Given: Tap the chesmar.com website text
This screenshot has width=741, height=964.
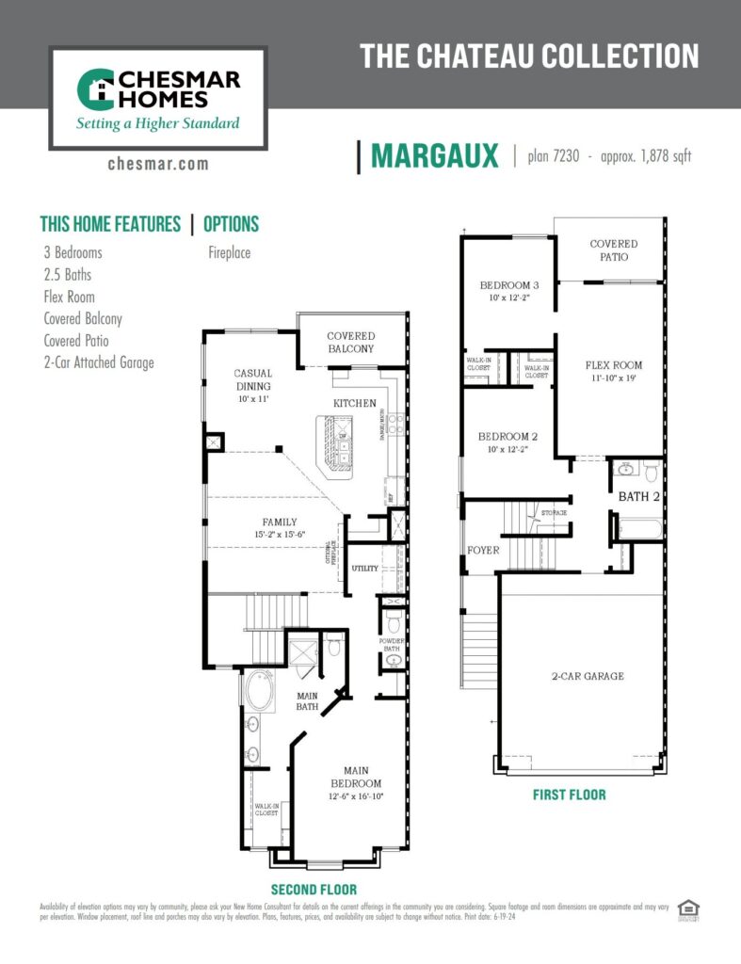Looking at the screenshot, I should pos(158,164).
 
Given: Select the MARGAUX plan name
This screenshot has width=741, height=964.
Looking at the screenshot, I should pos(434,156).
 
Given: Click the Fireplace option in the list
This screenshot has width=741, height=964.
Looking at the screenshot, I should pos(229,252).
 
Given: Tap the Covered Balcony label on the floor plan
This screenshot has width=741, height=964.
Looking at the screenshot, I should pos(350,342).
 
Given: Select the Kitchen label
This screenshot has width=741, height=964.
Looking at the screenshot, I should pos(354,403).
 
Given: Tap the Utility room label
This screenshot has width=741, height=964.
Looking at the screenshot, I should pos(365,569).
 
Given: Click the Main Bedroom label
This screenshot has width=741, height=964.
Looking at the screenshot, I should pos(355,776).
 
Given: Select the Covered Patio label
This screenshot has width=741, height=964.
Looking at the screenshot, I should pos(613,249).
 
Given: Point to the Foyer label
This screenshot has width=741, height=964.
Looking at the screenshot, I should pos(482,550).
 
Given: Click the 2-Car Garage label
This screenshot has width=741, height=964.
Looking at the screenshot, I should pos(588,676).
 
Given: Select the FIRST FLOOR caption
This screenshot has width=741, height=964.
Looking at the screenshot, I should pos(569,795).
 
